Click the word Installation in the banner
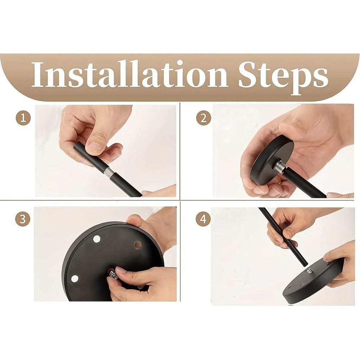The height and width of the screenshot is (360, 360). (129, 74)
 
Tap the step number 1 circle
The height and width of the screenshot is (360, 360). (23, 118)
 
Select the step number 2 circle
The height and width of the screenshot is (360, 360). (204, 118)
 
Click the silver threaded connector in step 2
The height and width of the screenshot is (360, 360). (279, 166)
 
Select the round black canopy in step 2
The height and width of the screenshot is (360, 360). (272, 164)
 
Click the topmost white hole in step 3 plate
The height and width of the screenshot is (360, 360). (97, 239)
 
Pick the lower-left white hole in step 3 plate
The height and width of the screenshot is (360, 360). (75, 278)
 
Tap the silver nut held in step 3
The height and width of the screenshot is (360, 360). (114, 274)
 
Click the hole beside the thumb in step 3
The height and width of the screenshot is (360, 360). (138, 245)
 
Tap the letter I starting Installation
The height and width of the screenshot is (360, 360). (37, 74)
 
